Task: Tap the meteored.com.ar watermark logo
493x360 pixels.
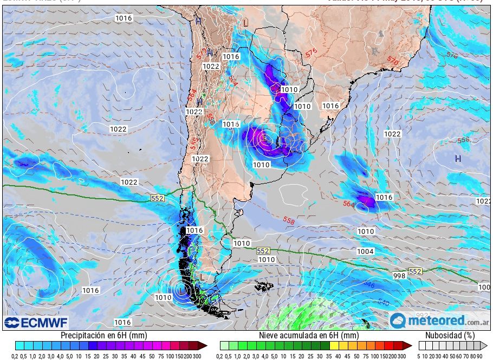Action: point(439,320)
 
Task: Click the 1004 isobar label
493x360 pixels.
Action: point(365,252)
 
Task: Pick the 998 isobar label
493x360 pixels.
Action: point(399,276)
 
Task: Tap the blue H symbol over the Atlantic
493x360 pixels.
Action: point(458,159)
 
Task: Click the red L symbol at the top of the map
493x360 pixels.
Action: point(245,23)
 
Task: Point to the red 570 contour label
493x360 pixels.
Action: point(393,63)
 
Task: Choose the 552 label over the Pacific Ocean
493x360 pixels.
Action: point(157,199)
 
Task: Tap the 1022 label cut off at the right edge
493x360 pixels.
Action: point(484,201)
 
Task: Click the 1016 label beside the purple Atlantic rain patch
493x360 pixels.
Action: point(384,198)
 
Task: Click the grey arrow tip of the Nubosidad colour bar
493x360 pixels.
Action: point(484,345)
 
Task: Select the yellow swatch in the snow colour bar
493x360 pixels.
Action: point(333,345)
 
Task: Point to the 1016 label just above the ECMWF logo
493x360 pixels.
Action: point(122,322)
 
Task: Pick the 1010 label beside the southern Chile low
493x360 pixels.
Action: point(163,297)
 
